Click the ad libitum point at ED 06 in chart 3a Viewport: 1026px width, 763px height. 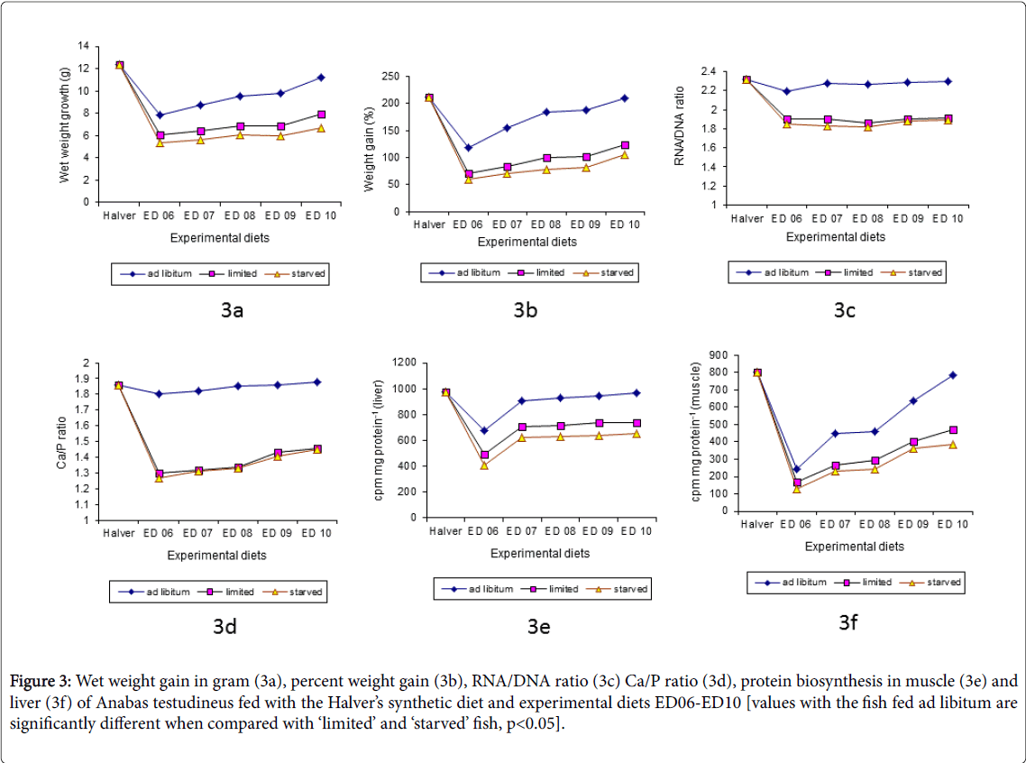tap(160, 115)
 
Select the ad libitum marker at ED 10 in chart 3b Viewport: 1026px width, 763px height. tap(624, 98)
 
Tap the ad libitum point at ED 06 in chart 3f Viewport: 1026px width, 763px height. tap(796, 469)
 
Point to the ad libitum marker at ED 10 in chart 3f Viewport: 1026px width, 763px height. tap(952, 375)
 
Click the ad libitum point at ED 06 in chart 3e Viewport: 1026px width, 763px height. tap(484, 430)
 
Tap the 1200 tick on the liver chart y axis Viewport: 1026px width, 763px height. tap(402, 363)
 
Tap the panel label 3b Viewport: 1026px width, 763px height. tap(526, 310)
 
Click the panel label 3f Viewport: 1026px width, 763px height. tap(847, 621)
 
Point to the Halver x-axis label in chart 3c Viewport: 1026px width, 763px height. tap(747, 219)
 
